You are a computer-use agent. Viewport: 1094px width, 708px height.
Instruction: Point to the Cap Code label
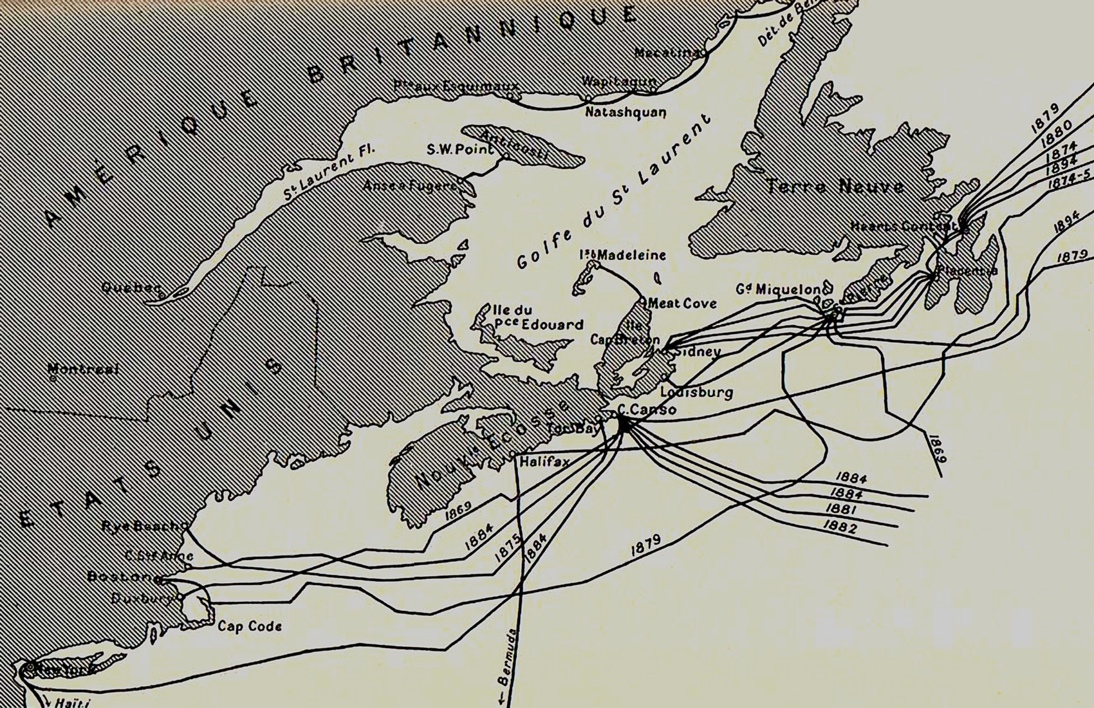pyautogui.click(x=249, y=626)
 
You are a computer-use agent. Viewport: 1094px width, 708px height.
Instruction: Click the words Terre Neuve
pyautogui.click(x=835, y=187)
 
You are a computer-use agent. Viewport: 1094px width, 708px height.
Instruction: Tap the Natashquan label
pyautogui.click(x=625, y=112)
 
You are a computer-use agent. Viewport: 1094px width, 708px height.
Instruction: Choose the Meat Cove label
pyautogui.click(x=682, y=303)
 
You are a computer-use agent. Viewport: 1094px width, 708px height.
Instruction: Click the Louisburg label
pyautogui.click(x=697, y=392)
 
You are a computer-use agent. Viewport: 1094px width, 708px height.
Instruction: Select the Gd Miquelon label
pyautogui.click(x=779, y=290)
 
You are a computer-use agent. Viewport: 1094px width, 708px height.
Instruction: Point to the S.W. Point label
pyautogui.click(x=459, y=149)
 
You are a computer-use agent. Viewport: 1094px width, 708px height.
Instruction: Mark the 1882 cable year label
pyautogui.click(x=840, y=528)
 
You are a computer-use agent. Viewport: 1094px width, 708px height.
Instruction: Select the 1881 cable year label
pyautogui.click(x=840, y=509)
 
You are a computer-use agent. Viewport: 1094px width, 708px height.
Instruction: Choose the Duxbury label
pyautogui.click(x=142, y=599)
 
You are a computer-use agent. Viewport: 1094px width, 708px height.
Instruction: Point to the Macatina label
pyautogui.click(x=667, y=52)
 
